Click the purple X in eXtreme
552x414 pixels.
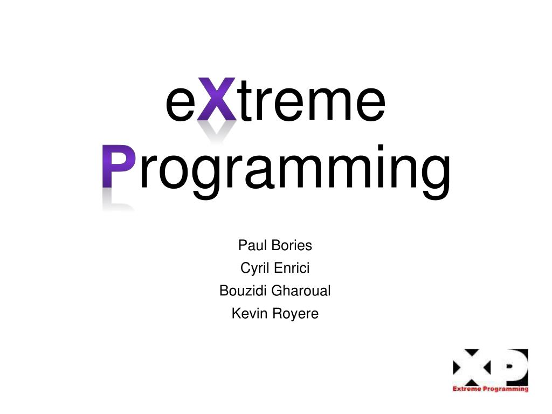click(x=216, y=99)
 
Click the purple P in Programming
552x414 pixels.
click(x=119, y=166)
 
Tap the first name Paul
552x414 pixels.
click(x=251, y=245)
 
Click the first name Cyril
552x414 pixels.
click(x=255, y=268)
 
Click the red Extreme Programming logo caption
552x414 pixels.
click(x=491, y=389)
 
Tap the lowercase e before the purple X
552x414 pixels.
click(x=180, y=104)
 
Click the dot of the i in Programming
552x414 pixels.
click(x=381, y=147)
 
